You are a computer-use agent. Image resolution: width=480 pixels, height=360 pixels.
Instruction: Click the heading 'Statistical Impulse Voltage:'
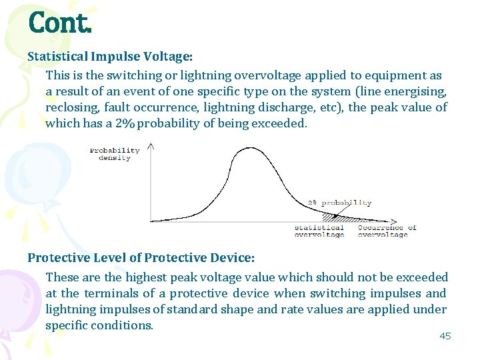tap(110, 57)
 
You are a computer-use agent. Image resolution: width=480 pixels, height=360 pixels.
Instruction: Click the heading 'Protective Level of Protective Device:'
tap(141, 257)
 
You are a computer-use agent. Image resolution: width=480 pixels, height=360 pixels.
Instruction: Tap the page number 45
tap(445, 336)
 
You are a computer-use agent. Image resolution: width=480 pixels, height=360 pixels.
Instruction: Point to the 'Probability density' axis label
tap(115, 154)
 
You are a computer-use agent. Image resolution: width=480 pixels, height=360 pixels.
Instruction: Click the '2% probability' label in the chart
tap(339, 203)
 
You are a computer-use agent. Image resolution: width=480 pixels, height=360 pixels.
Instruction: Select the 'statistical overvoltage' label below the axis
tap(319, 231)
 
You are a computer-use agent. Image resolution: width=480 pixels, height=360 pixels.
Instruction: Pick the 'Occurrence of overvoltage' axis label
tap(387, 231)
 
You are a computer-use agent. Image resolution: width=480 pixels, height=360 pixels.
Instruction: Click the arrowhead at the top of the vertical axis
tap(151, 146)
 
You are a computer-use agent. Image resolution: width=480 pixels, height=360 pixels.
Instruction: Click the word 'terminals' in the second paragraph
tap(129, 293)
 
